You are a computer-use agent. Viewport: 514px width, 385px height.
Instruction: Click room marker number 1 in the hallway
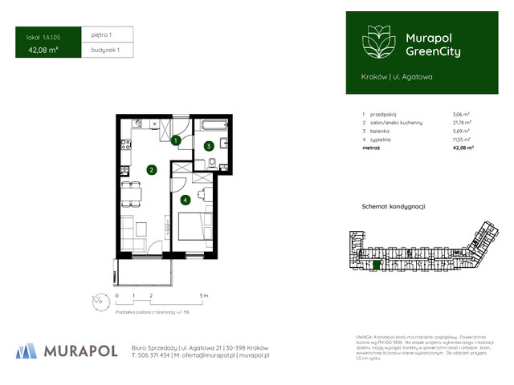click(x=176, y=140)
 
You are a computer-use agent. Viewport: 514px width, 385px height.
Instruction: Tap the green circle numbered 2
click(x=150, y=169)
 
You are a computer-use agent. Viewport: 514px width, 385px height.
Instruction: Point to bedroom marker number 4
click(x=186, y=200)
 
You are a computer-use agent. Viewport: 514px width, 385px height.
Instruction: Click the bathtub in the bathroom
click(x=214, y=125)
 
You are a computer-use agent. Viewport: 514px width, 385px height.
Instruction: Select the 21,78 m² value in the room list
click(x=462, y=122)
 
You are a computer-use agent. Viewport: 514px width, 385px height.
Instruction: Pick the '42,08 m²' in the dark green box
click(x=43, y=50)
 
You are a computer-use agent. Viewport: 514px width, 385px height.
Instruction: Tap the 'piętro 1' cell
click(x=102, y=34)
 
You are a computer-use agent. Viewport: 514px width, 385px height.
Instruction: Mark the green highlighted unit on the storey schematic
click(x=377, y=265)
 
